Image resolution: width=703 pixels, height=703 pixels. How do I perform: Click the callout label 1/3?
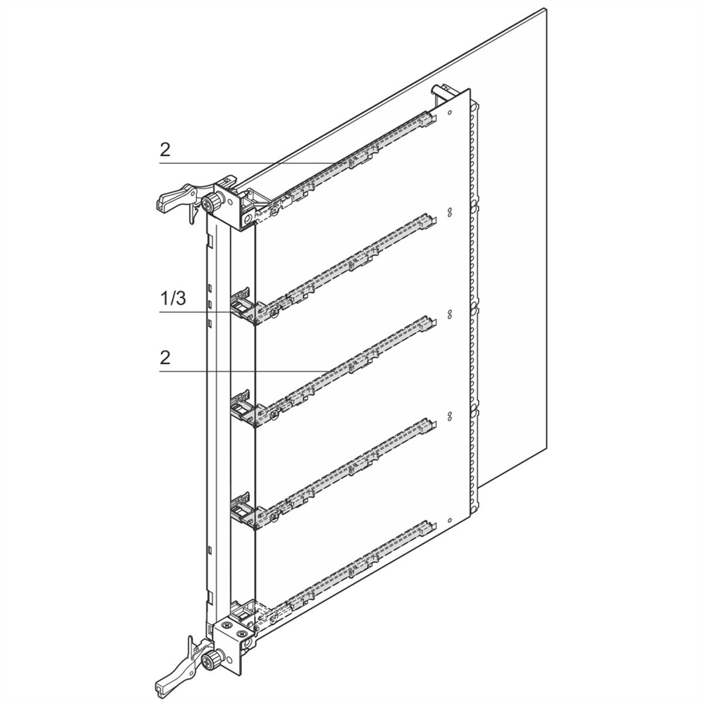(x=173, y=298)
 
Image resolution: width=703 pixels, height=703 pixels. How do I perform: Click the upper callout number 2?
(x=165, y=149)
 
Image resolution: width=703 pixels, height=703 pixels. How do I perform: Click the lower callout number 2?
(x=165, y=358)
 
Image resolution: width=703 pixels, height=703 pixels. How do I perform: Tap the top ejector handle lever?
(x=176, y=197)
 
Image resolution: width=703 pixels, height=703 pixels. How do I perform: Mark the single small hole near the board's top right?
(x=450, y=112)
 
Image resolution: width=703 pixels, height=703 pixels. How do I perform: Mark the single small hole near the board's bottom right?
(x=450, y=521)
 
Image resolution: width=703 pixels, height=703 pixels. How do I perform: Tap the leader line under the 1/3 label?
(x=207, y=312)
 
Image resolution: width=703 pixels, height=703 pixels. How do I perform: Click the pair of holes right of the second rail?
(x=450, y=212)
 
